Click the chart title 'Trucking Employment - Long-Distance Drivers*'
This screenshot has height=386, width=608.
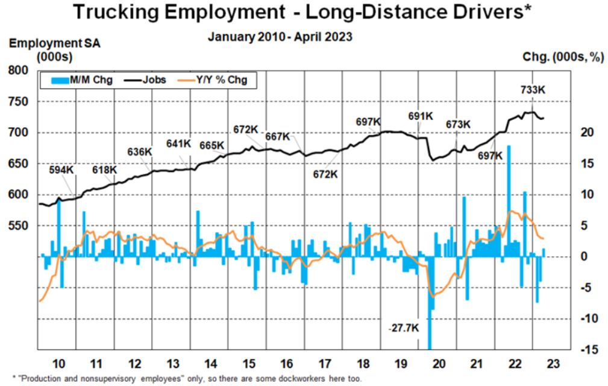(303, 13)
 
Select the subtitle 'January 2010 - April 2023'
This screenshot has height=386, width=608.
(280, 37)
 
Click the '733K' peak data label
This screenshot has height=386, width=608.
(533, 90)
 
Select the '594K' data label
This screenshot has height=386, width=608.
(62, 170)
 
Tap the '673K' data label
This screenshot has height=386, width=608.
(458, 124)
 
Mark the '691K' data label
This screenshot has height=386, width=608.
(421, 116)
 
